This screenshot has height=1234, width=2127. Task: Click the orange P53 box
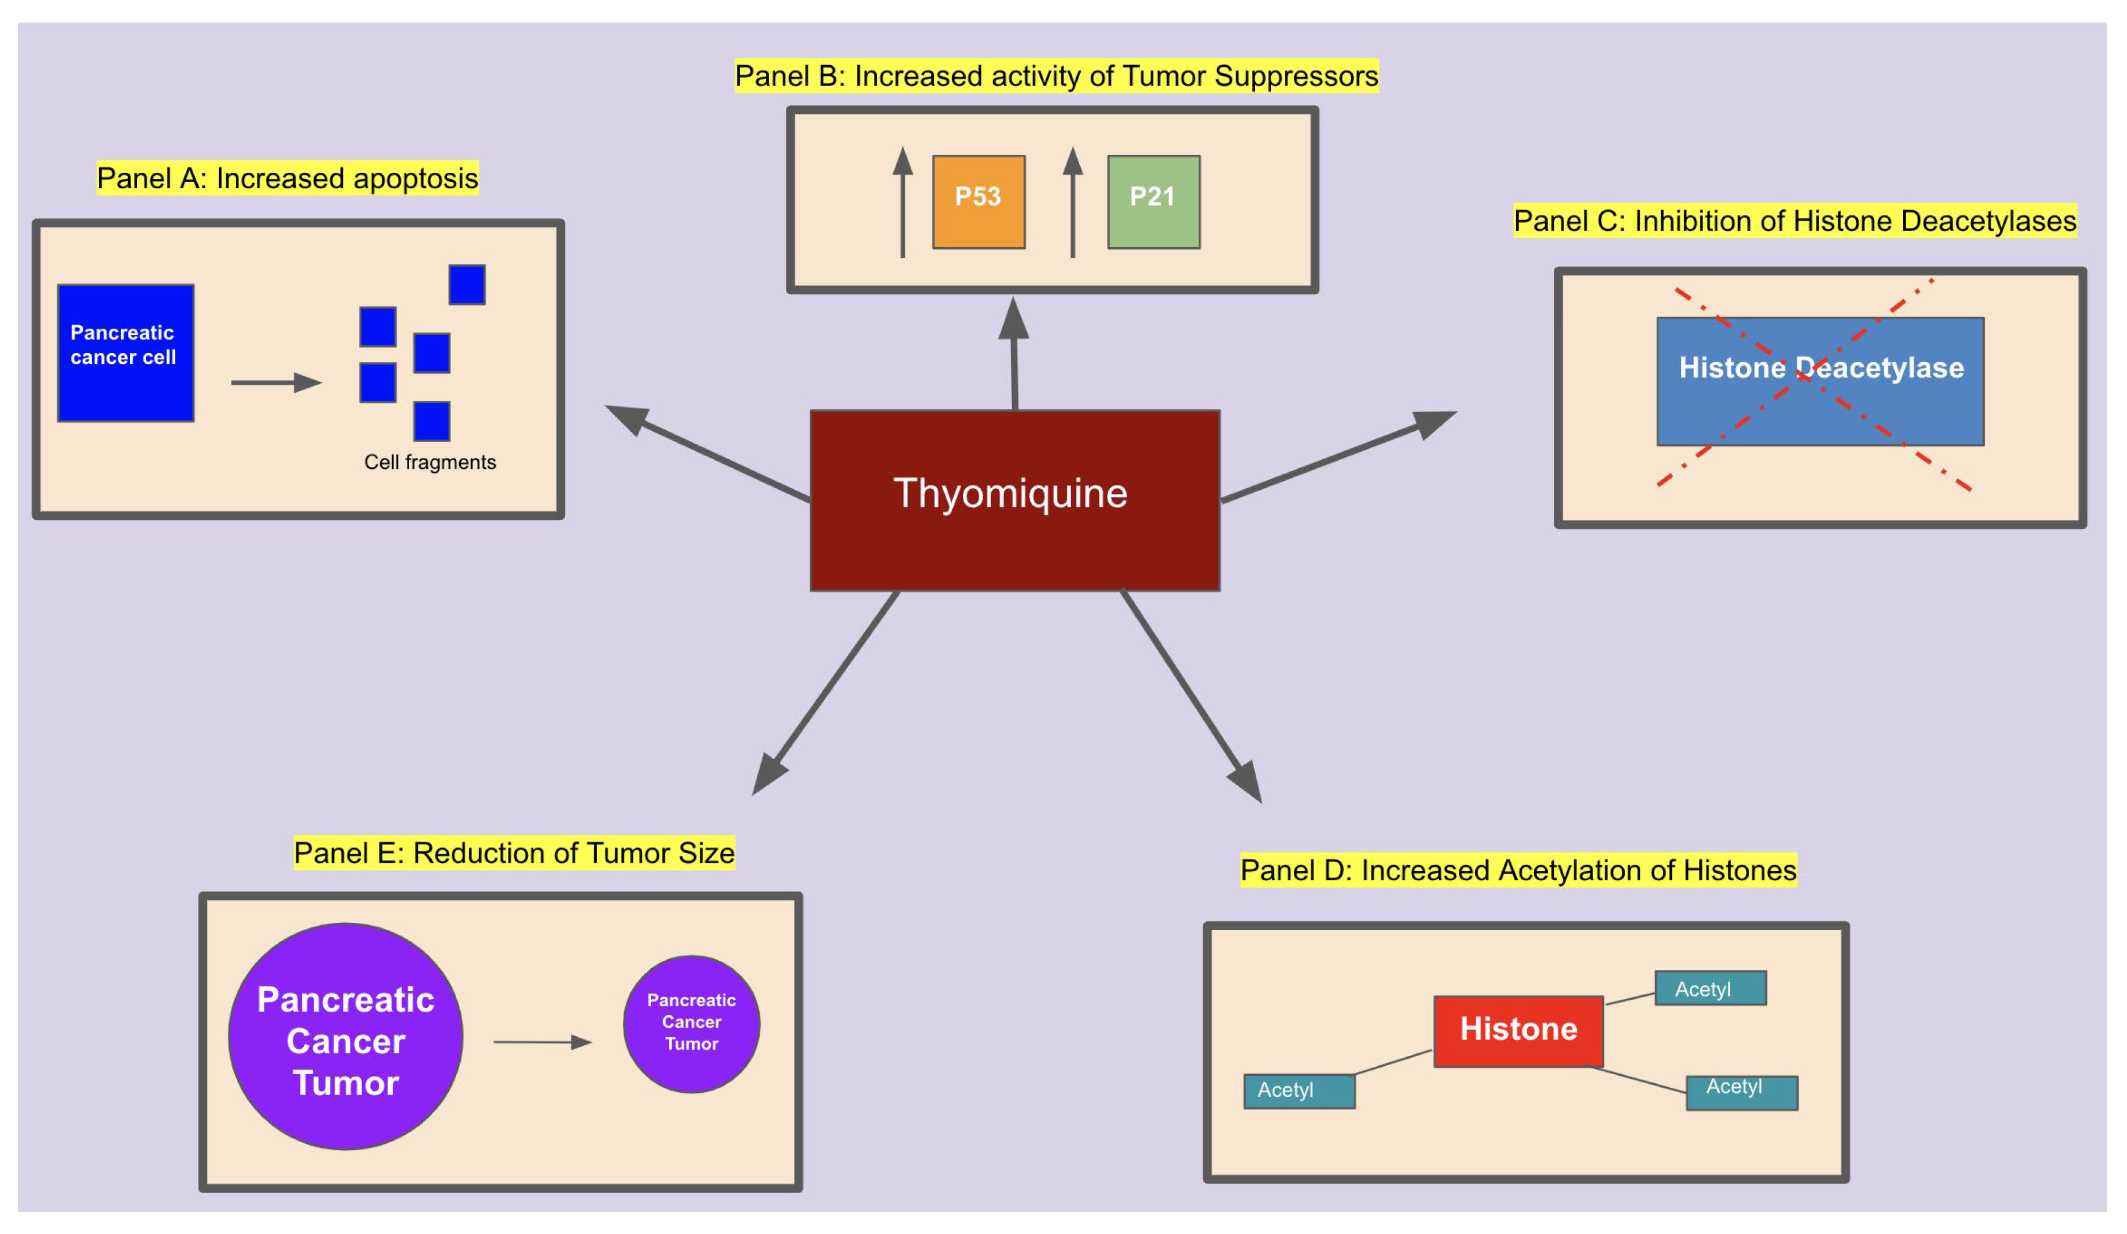(978, 202)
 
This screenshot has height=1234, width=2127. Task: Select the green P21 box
(1153, 202)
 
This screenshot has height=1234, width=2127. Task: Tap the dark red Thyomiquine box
(1014, 501)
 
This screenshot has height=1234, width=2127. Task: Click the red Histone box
(1518, 1031)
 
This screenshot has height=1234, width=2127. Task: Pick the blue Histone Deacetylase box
(1820, 381)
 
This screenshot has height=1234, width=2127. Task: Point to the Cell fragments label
(430, 462)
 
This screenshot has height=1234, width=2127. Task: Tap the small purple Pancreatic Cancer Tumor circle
(691, 1023)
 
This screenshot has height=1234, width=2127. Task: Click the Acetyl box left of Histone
(1299, 1091)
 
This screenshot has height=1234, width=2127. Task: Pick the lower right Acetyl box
(1741, 1092)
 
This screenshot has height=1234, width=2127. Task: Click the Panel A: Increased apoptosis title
(287, 178)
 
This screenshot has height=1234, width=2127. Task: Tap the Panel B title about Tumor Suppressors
(1056, 76)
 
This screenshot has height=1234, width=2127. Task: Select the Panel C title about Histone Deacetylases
(1794, 220)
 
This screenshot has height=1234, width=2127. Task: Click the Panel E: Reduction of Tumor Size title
(514, 853)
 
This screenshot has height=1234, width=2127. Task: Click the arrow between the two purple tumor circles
(543, 1042)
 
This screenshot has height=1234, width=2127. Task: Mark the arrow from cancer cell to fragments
(276, 383)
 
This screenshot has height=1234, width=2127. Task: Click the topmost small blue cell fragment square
(467, 285)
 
